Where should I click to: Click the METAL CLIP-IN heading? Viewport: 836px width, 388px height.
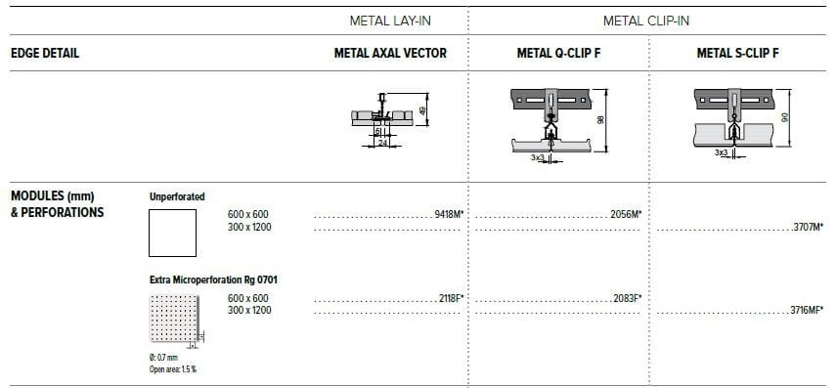(646, 21)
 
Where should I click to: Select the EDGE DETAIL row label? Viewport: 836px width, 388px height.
(44, 54)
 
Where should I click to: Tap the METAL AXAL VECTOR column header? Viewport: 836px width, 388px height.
(390, 54)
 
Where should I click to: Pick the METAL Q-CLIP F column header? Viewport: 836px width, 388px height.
(558, 54)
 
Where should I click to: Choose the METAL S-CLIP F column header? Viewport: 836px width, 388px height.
(737, 54)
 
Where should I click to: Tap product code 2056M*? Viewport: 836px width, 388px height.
(625, 213)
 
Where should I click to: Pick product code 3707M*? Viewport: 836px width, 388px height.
(808, 227)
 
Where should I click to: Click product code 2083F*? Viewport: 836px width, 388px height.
(625, 297)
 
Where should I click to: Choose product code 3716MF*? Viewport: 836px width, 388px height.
(806, 311)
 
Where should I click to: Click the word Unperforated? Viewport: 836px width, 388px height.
(177, 196)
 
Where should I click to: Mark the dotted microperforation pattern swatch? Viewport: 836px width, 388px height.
(171, 320)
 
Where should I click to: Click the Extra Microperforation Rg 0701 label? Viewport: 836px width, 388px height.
(213, 280)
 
